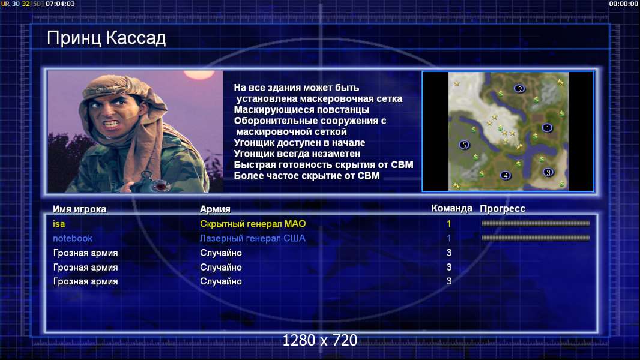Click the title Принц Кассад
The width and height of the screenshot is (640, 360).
(106, 38)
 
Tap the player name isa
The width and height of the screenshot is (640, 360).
(59, 224)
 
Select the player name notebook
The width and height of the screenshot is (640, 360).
(73, 238)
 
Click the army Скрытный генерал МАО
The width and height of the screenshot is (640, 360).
(253, 224)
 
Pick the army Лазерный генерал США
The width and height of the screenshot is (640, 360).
(252, 238)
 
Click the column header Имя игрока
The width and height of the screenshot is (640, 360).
(80, 209)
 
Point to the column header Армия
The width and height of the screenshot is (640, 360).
(215, 209)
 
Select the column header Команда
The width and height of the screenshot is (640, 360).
(452, 208)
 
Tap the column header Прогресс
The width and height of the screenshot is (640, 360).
(503, 209)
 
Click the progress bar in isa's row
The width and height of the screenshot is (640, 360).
(536, 223)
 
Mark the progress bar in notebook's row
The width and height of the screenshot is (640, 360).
(536, 238)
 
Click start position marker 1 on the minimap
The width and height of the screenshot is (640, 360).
(547, 128)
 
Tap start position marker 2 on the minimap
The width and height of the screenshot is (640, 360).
(519, 88)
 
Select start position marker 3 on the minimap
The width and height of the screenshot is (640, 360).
(548, 172)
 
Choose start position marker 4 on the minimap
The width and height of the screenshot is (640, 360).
(506, 175)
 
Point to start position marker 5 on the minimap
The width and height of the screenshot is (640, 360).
(463, 145)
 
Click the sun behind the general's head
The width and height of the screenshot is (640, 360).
(199, 74)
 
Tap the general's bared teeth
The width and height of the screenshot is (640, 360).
(111, 124)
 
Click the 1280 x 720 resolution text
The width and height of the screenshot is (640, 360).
(320, 340)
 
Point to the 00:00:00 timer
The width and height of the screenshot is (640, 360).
(623, 4)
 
